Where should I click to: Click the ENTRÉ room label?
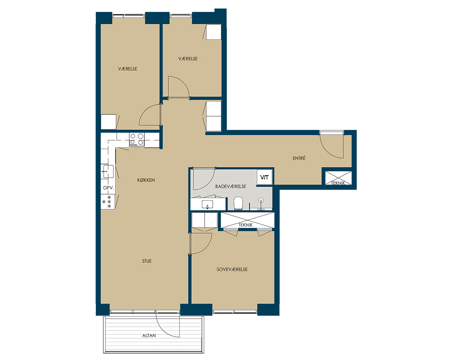click(299, 158)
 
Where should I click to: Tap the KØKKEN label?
click(146, 180)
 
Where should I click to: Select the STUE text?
click(147, 261)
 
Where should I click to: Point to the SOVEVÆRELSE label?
click(232, 269)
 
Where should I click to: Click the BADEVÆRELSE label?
click(231, 186)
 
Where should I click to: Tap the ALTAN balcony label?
click(149, 335)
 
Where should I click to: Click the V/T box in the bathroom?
click(265, 177)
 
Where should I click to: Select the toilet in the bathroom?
click(238, 204)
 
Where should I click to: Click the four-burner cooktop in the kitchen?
click(137, 140)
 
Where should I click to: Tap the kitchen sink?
click(108, 171)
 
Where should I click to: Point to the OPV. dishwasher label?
click(109, 187)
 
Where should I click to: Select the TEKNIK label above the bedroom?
click(245, 225)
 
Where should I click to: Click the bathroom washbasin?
click(208, 204)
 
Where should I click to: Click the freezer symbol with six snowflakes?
click(107, 202)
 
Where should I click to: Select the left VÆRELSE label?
click(127, 69)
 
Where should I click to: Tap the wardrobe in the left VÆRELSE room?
click(108, 122)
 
